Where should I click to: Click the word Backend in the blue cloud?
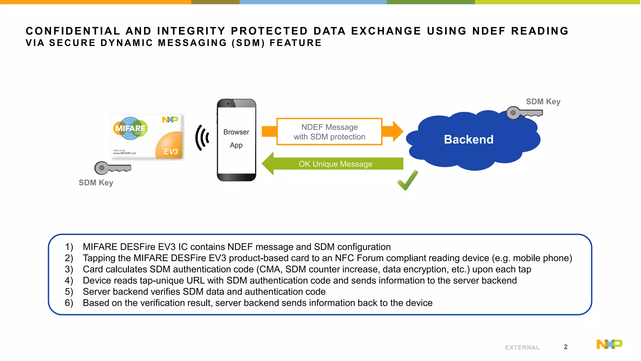[x=468, y=139]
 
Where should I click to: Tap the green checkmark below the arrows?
[x=407, y=180]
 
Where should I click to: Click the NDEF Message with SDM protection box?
[x=329, y=132]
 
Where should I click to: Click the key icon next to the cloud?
[x=523, y=113]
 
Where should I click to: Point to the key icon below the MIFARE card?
[x=112, y=168]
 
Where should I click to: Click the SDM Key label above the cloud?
[x=543, y=102]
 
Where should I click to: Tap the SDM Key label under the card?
[x=96, y=183]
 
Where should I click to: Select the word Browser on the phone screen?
[x=236, y=132]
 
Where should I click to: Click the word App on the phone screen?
[x=236, y=145]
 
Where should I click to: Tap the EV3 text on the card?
[x=171, y=152]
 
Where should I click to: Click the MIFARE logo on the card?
[x=130, y=128]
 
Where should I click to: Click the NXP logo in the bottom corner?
[x=609, y=344]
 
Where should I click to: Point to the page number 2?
[x=566, y=347]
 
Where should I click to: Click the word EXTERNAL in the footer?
[x=522, y=348]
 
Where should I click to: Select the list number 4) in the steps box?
[x=69, y=280]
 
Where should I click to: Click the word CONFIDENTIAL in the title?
[x=73, y=31]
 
